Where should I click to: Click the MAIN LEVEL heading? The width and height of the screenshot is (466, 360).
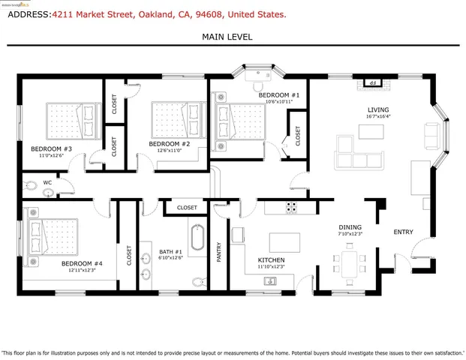[x=227, y=37]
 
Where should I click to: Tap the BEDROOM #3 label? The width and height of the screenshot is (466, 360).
[x=51, y=149]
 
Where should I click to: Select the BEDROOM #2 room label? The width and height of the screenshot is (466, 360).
[x=169, y=144]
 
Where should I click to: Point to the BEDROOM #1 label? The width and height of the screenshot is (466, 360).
[x=279, y=95]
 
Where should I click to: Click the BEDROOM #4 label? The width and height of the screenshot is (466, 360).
[x=82, y=264]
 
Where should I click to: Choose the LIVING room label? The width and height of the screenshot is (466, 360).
[x=378, y=110]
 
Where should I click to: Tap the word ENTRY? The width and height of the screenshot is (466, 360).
[x=403, y=232]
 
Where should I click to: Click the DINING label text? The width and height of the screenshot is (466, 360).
[x=350, y=227]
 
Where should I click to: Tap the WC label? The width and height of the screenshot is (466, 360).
[x=47, y=182]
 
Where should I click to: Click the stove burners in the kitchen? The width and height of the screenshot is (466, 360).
[x=291, y=208]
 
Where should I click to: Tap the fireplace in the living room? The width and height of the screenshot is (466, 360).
[x=369, y=82]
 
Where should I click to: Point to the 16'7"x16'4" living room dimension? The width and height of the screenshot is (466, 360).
[x=378, y=117]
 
